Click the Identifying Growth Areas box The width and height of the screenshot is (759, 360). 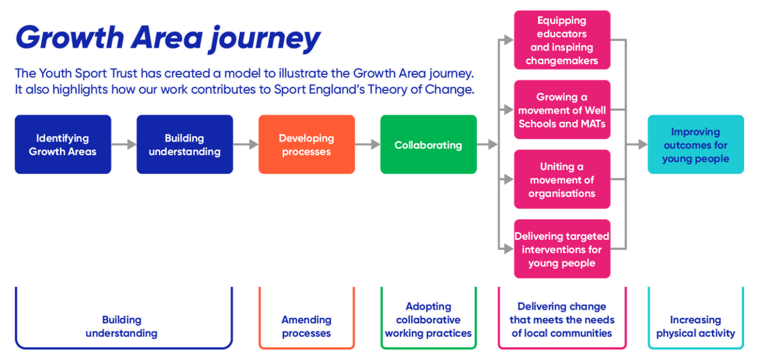(63, 144)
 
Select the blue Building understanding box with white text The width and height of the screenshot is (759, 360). (184, 144)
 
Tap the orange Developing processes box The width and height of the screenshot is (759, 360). (306, 144)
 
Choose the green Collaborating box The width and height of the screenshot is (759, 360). (428, 144)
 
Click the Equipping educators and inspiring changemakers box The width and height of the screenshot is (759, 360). (562, 40)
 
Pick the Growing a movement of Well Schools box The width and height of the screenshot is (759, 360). (562, 110)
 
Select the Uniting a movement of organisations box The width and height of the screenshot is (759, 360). (562, 179)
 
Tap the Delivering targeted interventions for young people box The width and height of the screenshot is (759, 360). (562, 249)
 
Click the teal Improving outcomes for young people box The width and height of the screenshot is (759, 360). (695, 144)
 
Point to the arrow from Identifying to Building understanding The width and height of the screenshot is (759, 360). (124, 144)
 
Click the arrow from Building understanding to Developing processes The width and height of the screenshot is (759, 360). (246, 144)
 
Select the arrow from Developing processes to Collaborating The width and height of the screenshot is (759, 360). (368, 144)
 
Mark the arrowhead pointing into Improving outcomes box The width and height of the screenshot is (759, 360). (642, 144)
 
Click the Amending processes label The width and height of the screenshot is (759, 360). (306, 326)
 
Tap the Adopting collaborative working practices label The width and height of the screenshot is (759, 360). (428, 320)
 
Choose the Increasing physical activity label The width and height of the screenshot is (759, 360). (695, 326)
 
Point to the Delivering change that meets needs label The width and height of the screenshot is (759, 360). (562, 320)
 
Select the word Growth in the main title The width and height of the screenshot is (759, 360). (68, 38)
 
